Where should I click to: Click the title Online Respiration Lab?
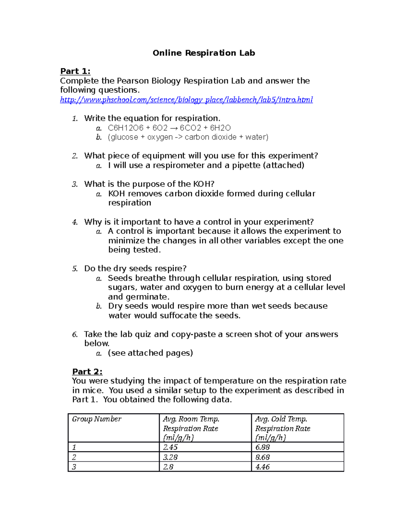point(204,53)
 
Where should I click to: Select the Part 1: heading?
point(75,71)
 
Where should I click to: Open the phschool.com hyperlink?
point(186,100)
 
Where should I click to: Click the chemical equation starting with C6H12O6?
point(169,128)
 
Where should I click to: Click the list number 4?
point(75,222)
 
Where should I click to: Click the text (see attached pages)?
point(150,353)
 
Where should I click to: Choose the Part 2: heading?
point(87,372)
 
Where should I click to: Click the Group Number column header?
point(97,419)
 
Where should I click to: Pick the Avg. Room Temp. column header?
point(191,428)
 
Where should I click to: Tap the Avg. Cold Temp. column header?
point(283,428)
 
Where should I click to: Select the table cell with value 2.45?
point(170,447)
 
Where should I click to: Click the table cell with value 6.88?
point(262,447)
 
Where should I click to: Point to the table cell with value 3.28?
point(170,457)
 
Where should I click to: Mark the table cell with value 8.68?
point(262,457)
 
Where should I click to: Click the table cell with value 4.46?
point(262,467)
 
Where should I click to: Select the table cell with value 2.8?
point(168,467)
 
